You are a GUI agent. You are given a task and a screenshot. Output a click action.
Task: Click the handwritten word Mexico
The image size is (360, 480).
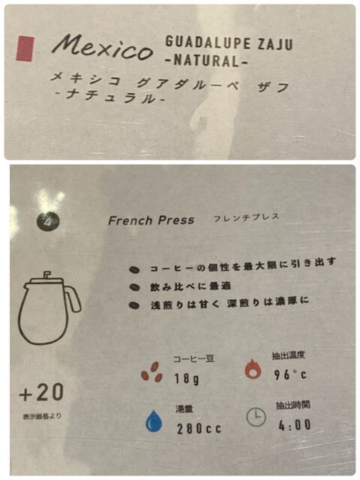103,46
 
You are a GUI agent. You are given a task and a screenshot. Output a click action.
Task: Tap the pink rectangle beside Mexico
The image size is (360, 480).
25,49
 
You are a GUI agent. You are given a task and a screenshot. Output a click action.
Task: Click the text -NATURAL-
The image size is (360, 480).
206,60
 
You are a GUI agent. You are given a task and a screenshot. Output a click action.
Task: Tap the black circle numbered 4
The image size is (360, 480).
48,221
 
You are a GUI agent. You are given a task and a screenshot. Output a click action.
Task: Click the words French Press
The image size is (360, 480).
151,220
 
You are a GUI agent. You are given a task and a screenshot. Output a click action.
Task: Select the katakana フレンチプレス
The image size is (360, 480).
247,217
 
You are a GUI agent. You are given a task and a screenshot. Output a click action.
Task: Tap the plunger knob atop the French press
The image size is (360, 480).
46,274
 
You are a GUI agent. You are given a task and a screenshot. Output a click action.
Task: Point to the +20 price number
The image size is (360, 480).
42,393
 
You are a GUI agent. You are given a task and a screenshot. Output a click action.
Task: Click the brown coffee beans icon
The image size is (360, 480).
151,372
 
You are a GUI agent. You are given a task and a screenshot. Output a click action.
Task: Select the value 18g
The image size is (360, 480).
187,379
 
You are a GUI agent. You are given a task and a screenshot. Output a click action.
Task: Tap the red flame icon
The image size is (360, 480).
253,369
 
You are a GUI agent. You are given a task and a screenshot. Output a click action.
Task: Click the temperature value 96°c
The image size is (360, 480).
290,374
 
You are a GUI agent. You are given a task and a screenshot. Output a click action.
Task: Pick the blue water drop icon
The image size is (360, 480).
154,421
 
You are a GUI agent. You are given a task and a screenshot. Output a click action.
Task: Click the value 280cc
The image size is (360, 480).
199,428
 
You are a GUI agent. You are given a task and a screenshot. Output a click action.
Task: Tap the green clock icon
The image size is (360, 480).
256,418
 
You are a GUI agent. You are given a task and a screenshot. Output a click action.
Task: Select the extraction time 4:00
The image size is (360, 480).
295,425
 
